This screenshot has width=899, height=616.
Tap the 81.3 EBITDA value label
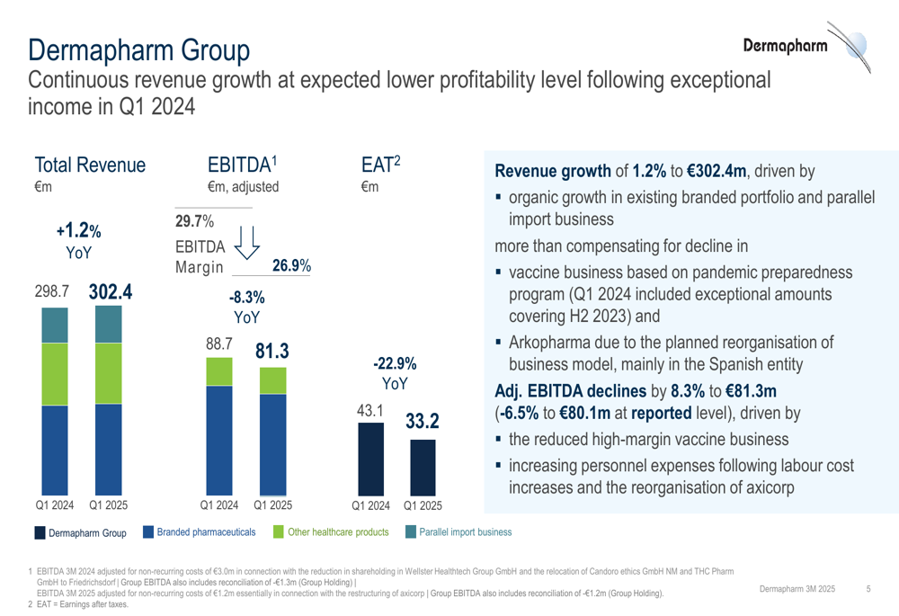[x=271, y=352]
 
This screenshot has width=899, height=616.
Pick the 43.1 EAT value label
[x=370, y=412]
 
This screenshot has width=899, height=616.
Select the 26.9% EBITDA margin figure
[x=291, y=266]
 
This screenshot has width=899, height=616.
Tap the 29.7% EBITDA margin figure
[x=195, y=220]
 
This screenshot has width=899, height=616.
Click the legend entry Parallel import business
[x=458, y=532]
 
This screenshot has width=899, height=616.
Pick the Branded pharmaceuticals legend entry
[x=200, y=532]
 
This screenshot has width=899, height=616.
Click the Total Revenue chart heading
[x=90, y=165]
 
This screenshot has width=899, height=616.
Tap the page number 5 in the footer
[x=868, y=588]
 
